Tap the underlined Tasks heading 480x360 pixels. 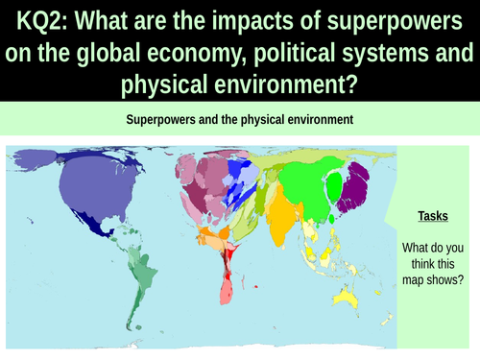coord(435,216)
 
